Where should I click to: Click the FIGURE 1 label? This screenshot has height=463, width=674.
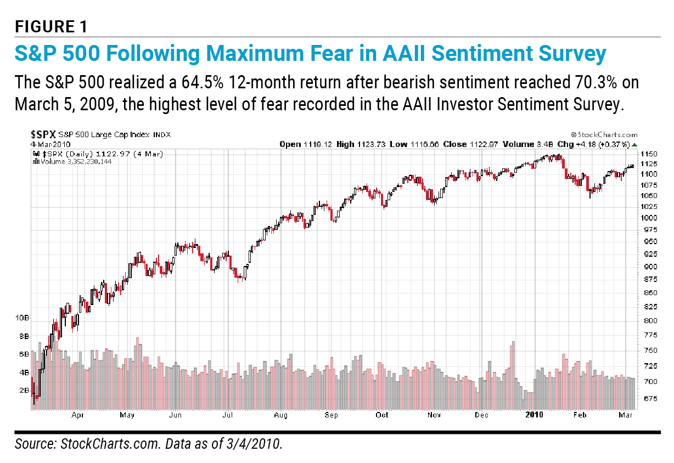tap(50, 26)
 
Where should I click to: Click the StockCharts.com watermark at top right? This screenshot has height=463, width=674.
tap(605, 134)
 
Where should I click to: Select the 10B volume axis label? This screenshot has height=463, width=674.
tap(22, 318)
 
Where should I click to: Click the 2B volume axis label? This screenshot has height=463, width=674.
tap(24, 391)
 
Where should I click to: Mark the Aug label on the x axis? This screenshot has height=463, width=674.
tap(280, 415)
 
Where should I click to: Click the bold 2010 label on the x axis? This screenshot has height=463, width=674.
tap(533, 415)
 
